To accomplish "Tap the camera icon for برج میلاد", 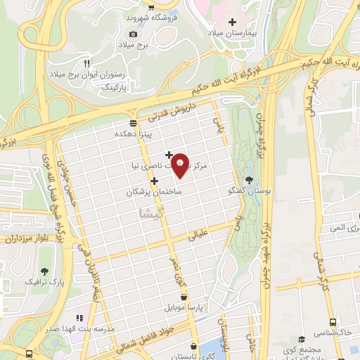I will (x=134, y=33).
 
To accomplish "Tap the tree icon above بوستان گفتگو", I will (x=247, y=180).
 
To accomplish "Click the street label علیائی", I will (x=200, y=236).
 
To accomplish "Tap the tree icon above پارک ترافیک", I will (x=45, y=271).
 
